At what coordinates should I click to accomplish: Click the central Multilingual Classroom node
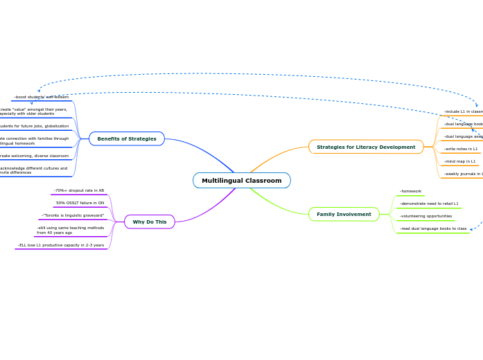pyautogui.click(x=241, y=181)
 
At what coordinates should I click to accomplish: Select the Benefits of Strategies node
pyautogui.click(x=127, y=138)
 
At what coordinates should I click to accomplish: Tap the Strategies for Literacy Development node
pyautogui.click(x=366, y=147)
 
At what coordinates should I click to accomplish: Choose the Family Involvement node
pyautogui.click(x=344, y=215)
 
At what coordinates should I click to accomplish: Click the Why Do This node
pyautogui.click(x=150, y=222)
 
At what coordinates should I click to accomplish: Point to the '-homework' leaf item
pyautogui.click(x=411, y=191)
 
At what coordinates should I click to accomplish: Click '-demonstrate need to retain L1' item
pyautogui.click(x=429, y=204)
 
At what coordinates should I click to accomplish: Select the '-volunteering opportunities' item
pyautogui.click(x=426, y=216)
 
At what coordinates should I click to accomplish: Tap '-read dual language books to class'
pyautogui.click(x=433, y=228)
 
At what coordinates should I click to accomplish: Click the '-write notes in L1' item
pyautogui.click(x=461, y=149)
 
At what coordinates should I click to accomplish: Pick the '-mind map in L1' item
pyautogui.click(x=460, y=161)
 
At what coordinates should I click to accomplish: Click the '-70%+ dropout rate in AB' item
pyautogui.click(x=79, y=190)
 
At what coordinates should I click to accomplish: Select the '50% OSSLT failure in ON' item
pyautogui.click(x=80, y=203)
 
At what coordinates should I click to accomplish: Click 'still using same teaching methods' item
pyautogui.click(x=71, y=230)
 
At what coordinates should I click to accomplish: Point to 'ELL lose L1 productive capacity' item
pyautogui.click(x=61, y=245)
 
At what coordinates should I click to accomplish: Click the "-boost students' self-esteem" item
pyautogui.click(x=42, y=97)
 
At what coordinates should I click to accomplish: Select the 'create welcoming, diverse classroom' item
pyautogui.click(x=34, y=156)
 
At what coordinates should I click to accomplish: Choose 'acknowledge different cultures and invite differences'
pyautogui.click(x=33, y=170)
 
